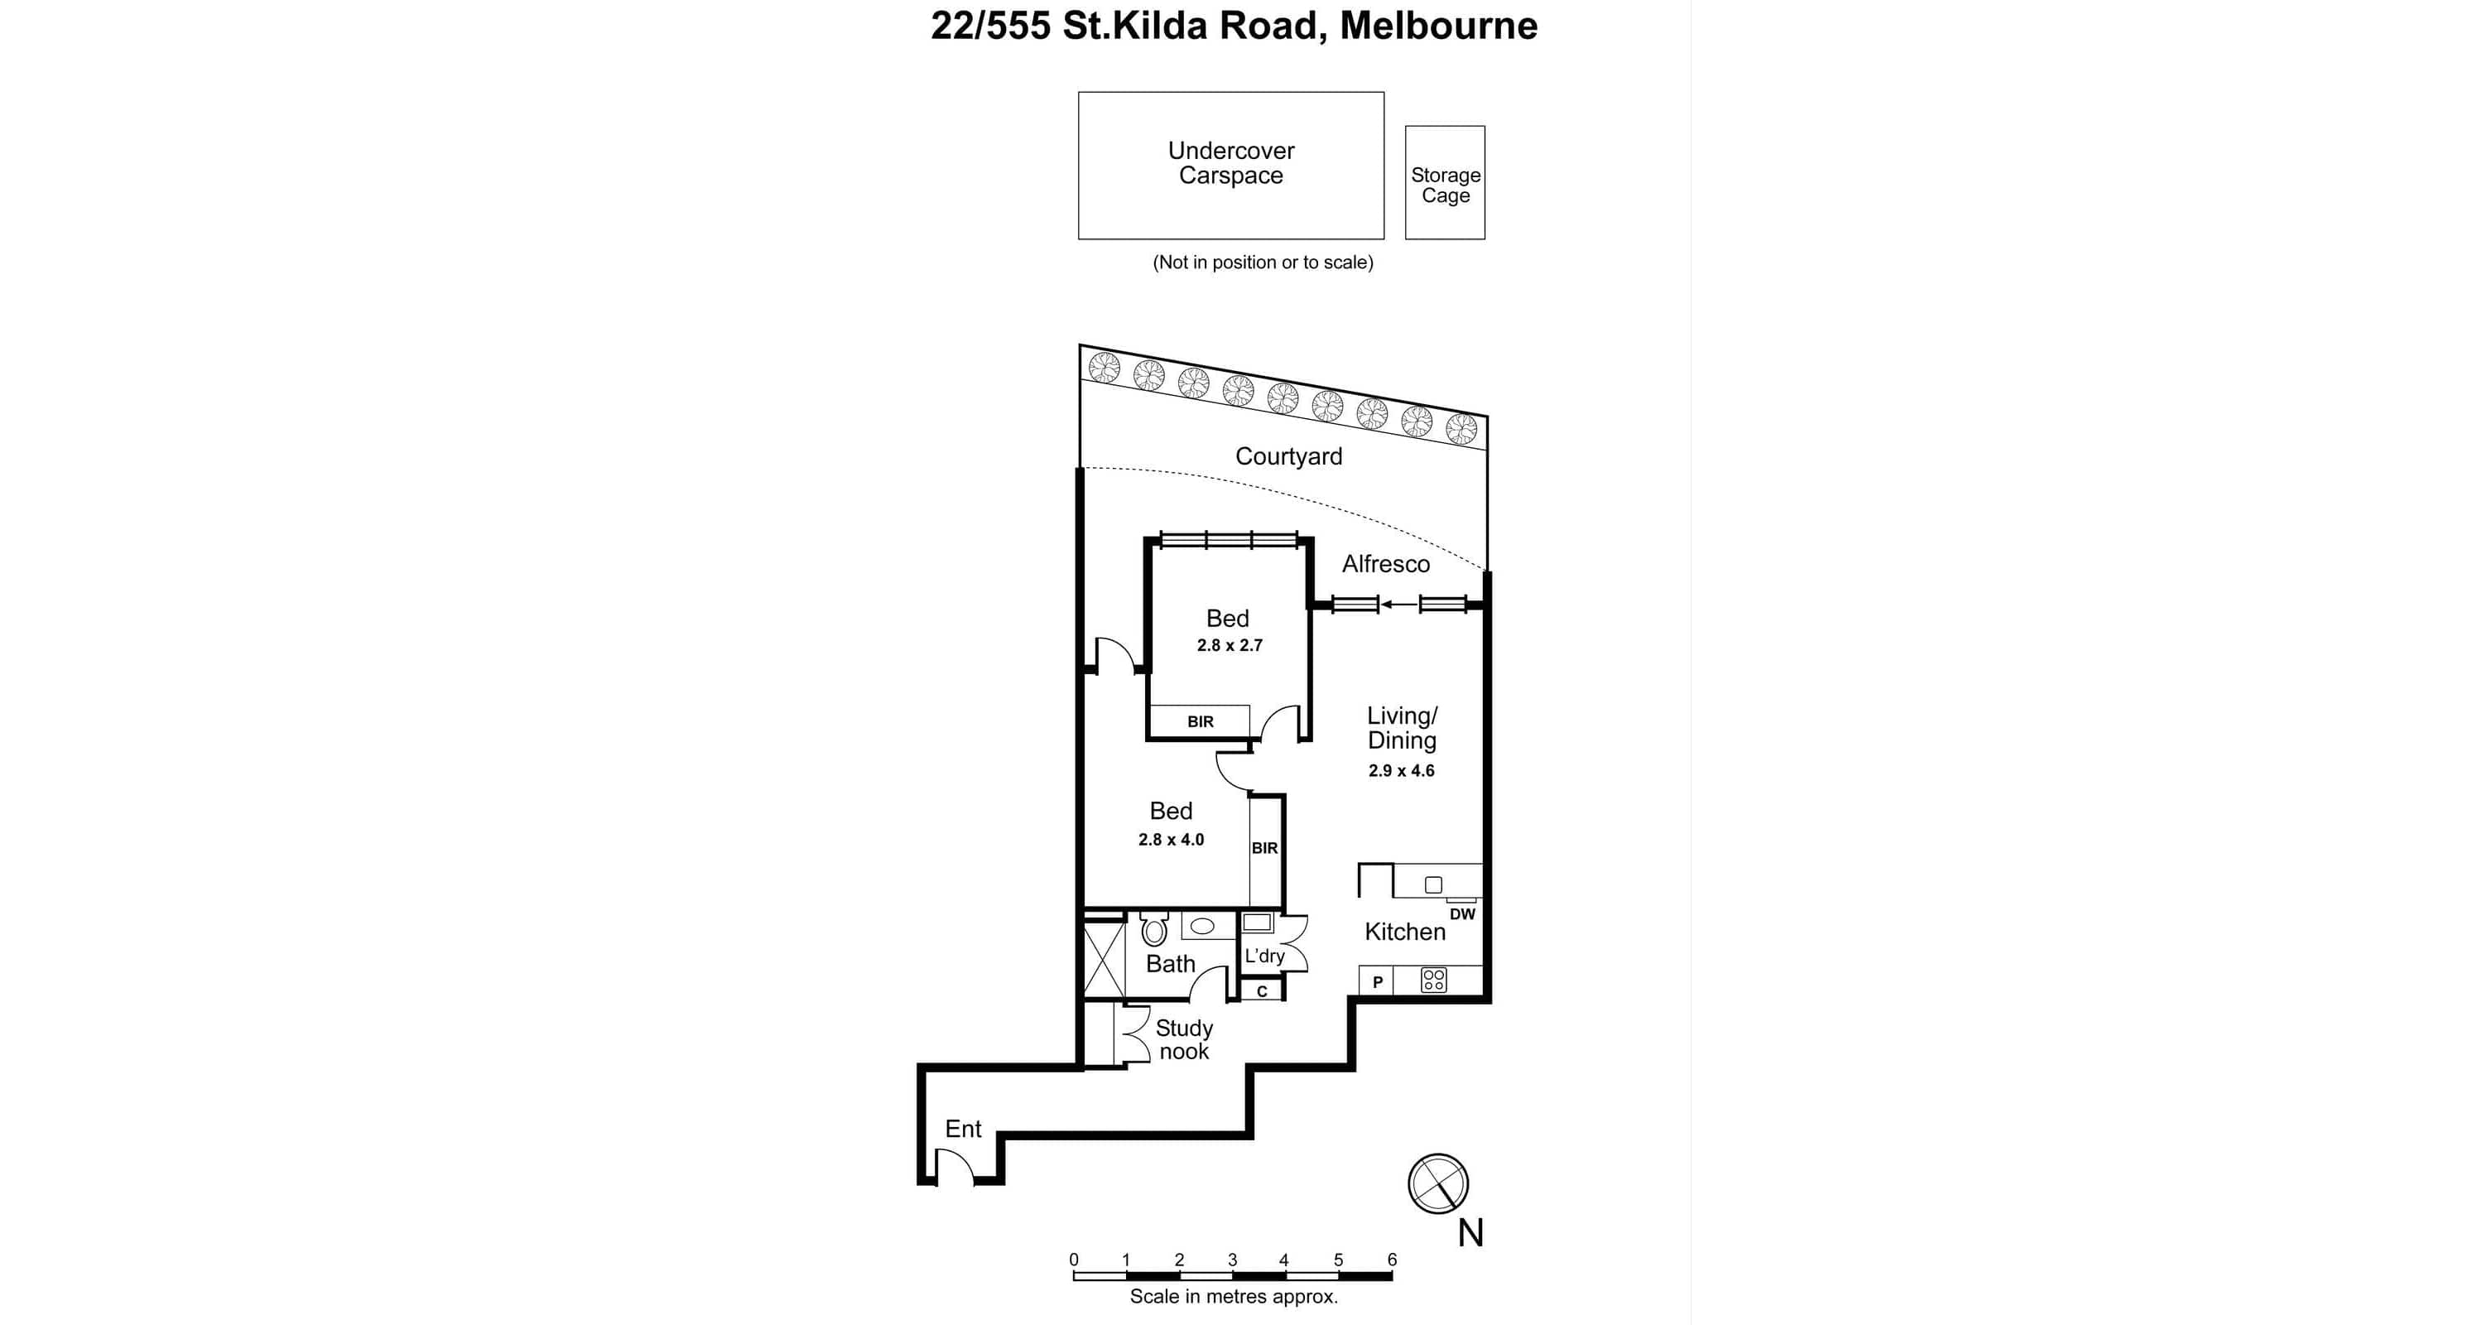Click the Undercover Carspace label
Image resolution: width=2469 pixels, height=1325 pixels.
point(1230,163)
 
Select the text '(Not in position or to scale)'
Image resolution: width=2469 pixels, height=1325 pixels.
point(1263,262)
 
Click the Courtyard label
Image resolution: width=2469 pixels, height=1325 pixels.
point(1288,456)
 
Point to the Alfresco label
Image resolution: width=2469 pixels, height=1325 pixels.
point(1385,564)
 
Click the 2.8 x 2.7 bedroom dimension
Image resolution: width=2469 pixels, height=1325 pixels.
point(1229,645)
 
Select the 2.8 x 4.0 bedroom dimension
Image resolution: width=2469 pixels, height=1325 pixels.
point(1170,839)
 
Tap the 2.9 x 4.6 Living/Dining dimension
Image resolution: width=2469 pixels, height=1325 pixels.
point(1400,770)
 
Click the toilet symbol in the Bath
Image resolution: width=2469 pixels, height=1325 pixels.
point(1154,929)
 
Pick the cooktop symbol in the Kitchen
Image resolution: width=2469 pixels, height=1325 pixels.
point(1433,980)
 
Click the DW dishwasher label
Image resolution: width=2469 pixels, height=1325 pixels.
point(1461,913)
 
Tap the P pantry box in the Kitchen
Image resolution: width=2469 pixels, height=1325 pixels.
point(1377,980)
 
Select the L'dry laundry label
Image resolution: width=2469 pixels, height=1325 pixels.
point(1264,956)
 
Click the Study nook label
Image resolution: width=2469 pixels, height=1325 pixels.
point(1184,1039)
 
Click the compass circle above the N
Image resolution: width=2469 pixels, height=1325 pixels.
point(1437,1183)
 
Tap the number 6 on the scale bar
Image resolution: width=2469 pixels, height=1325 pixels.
point(1392,1259)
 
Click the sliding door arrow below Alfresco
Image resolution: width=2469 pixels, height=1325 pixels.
point(1398,604)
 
